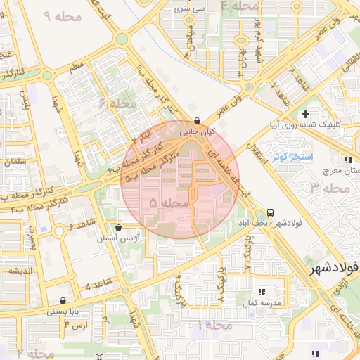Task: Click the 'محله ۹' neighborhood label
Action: [x=63, y=15]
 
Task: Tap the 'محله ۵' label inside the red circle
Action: [x=169, y=202]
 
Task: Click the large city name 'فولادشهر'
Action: [x=333, y=267]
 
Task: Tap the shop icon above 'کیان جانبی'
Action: [x=196, y=120]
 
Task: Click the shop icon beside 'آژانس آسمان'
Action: [x=117, y=227]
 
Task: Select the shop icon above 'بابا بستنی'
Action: [x=63, y=300]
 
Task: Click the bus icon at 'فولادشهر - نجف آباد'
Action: [x=271, y=212]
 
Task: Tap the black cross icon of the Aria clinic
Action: [x=304, y=114]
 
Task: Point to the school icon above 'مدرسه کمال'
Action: [x=262, y=291]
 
